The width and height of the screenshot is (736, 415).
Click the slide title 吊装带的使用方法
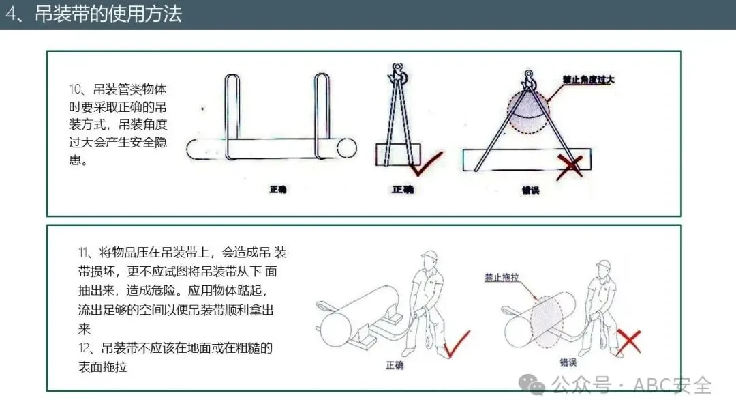[108, 14]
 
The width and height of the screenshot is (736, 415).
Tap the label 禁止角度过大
[588, 80]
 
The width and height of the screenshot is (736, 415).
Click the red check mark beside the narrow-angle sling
[426, 164]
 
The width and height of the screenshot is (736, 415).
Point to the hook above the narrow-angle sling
[398, 74]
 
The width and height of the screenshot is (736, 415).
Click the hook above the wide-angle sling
[529, 81]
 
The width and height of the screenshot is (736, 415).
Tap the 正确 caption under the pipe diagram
[278, 189]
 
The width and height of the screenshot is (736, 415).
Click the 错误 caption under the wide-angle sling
[530, 190]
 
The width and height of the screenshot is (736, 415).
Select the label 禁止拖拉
[502, 277]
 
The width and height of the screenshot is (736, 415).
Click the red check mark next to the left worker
[456, 344]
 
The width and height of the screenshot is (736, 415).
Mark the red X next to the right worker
[628, 342]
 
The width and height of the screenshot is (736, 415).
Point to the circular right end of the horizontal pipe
[346, 148]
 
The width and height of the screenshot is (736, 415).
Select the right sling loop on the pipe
[322, 116]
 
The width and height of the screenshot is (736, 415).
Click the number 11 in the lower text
[82, 253]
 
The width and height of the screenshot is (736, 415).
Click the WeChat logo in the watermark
[532, 384]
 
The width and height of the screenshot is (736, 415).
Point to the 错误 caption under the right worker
[568, 362]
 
